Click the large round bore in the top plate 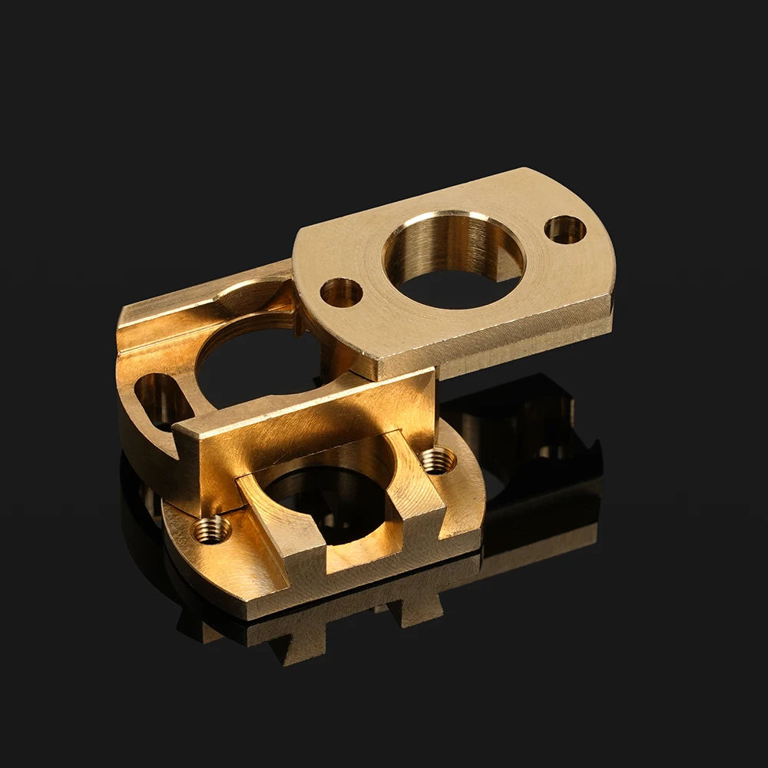click(453, 261)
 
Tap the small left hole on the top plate click(341, 292)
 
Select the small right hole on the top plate click(565, 229)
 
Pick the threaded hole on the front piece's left click(211, 528)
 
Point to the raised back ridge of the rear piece click(200, 300)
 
